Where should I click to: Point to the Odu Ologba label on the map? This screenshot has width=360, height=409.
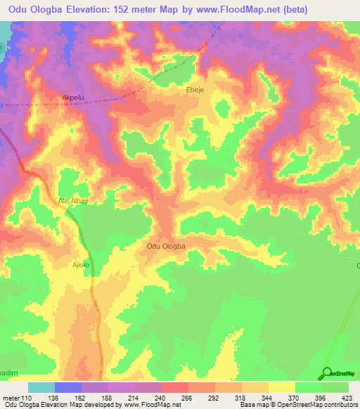(166, 246)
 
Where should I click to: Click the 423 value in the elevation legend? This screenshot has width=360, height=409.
(346, 398)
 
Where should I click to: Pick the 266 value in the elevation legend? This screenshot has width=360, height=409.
(188, 398)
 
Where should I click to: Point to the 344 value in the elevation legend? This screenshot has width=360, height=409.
(267, 398)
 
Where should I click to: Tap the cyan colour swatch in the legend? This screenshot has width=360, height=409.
(41, 387)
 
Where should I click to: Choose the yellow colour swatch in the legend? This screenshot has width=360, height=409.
(281, 387)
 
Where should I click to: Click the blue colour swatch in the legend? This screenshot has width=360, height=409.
(67, 387)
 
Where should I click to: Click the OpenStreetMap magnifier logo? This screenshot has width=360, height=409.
(327, 372)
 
